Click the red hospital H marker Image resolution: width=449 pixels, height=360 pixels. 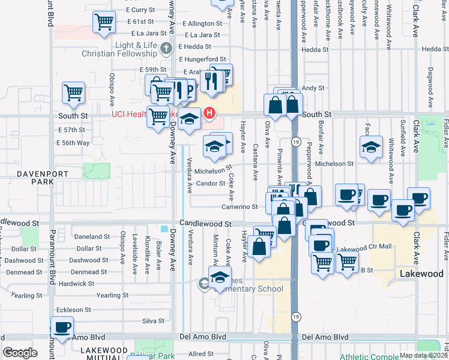click(x=209, y=112)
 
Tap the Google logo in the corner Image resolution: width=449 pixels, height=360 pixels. click(x=20, y=353)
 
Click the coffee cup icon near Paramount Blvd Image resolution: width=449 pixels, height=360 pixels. click(x=62, y=328)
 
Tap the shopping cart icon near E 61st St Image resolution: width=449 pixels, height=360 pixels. click(x=104, y=23)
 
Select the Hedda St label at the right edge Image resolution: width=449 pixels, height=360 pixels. click(x=435, y=49)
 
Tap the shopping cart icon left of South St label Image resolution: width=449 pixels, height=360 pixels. click(x=73, y=94)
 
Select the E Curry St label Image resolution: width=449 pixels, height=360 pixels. click(x=140, y=10)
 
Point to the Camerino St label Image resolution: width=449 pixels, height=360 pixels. click(x=240, y=206)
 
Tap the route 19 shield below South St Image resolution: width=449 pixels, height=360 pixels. click(x=296, y=142)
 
